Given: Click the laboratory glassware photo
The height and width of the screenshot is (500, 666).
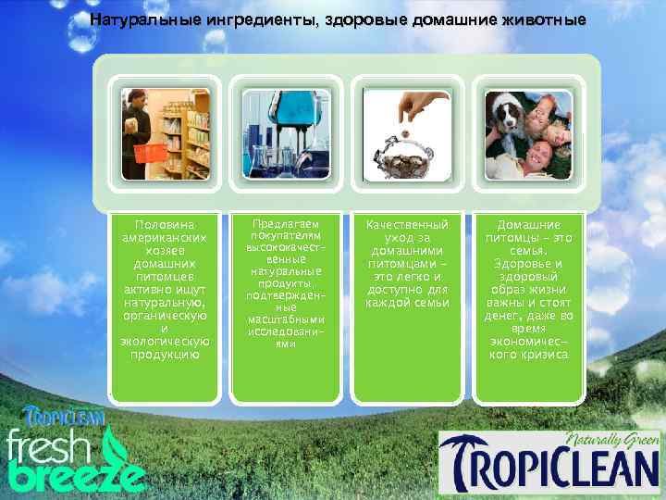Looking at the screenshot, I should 285,134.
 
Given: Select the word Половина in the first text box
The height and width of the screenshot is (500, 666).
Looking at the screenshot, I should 165,225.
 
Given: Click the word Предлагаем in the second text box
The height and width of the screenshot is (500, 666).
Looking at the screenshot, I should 285,223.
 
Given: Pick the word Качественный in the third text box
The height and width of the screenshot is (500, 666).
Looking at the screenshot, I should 407,225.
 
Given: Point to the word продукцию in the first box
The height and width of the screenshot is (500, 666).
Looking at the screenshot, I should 165,355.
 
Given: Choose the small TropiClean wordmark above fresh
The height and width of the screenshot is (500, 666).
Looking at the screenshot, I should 65,416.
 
